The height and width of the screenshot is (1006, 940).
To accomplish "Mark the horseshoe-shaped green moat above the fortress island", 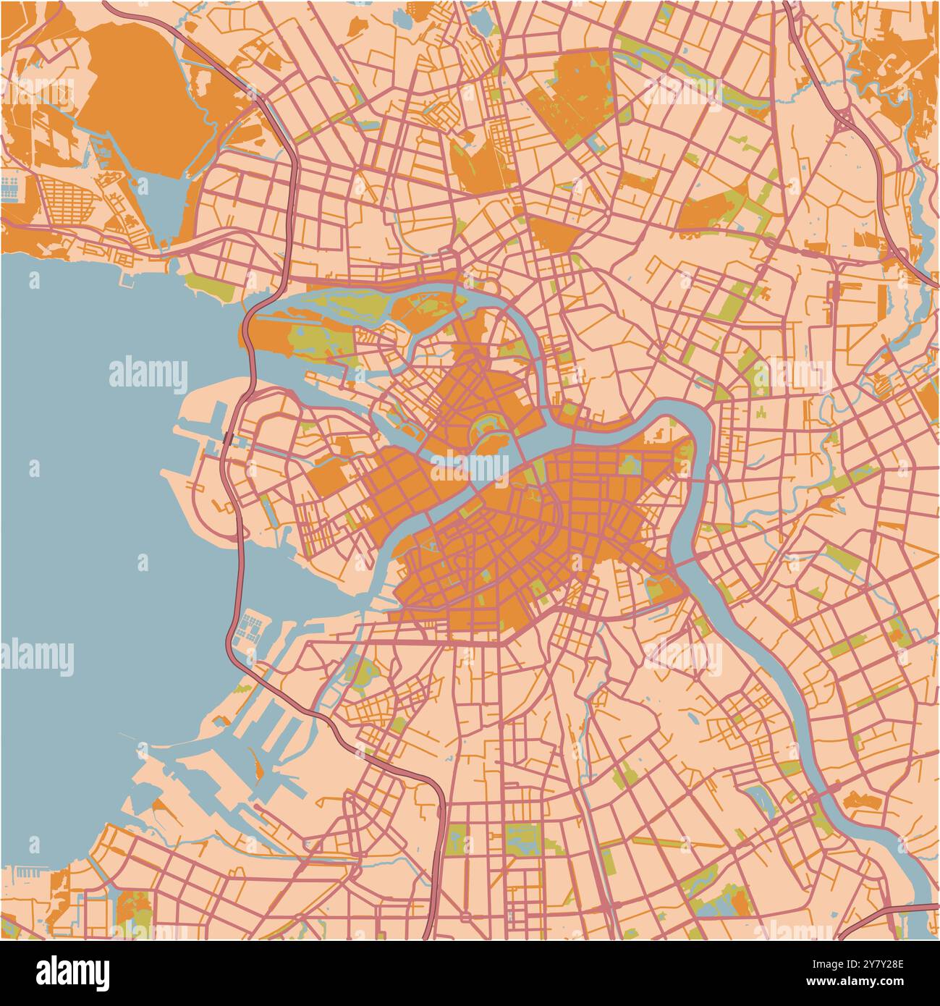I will (486, 425).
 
